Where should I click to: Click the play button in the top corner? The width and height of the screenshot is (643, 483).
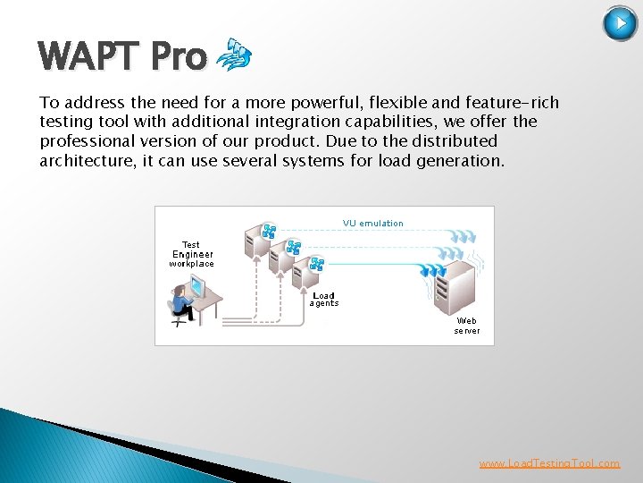coord(620,23)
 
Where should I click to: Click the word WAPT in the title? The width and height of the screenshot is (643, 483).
coord(89,57)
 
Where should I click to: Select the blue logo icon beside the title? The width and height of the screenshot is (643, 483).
coord(234,55)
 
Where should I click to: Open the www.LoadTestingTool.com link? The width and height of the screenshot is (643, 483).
coord(549,463)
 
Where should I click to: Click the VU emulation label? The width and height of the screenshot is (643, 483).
coord(372,224)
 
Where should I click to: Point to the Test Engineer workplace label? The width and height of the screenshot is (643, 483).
coord(191,254)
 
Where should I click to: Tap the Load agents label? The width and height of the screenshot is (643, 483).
coord(323,300)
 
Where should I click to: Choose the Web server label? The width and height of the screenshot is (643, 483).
coord(466,326)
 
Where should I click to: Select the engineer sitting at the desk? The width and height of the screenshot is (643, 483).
coord(181,302)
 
